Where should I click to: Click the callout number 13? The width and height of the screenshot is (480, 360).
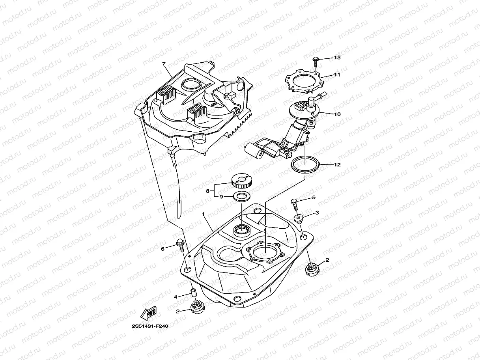pos(337,58)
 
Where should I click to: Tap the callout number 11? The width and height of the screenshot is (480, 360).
pos(337,74)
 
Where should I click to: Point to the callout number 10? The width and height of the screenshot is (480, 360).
pos(337,114)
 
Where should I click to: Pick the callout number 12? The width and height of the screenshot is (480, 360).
pos(337,164)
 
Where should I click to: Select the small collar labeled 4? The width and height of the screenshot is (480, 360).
pos(194,293)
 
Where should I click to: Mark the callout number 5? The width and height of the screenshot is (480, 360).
pos(314,197)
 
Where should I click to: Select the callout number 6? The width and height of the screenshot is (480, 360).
pos(162,248)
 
